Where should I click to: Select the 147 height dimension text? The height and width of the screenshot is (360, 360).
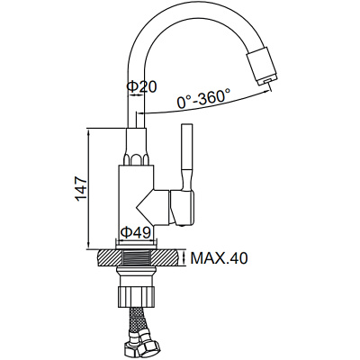coord(81,185)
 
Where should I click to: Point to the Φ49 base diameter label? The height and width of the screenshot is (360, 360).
coord(136,232)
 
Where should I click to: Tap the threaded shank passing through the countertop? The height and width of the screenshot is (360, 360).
coord(137,258)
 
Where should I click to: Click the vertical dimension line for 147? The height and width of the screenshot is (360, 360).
coord(90,185)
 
